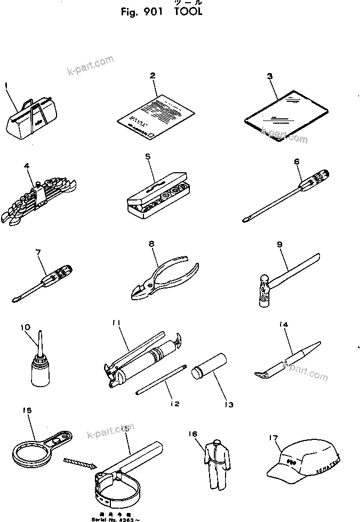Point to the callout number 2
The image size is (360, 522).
[x=153, y=76]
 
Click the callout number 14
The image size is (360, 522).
[x=284, y=324]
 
